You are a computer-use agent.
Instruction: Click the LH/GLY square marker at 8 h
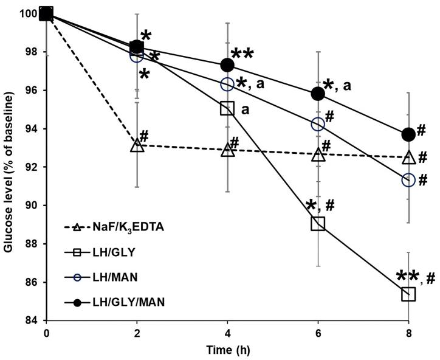tap(408, 294)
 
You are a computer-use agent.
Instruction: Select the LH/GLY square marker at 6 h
tap(318, 223)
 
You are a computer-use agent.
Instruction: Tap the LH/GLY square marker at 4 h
tap(227, 108)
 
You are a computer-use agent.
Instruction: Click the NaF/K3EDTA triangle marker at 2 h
tap(137, 145)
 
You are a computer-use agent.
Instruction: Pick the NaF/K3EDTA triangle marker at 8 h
tap(408, 157)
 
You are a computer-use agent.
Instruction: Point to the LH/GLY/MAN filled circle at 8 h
tap(408, 134)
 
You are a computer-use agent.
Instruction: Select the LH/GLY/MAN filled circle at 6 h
tap(318, 93)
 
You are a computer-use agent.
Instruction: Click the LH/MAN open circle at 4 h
tap(227, 83)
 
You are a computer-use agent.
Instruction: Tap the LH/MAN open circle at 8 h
tap(408, 180)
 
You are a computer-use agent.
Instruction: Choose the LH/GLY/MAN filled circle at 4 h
tap(227, 64)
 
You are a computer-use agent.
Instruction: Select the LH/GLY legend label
tap(114, 251)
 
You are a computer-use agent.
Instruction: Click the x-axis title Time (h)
tap(227, 351)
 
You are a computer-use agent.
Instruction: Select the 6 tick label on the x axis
tap(318, 333)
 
